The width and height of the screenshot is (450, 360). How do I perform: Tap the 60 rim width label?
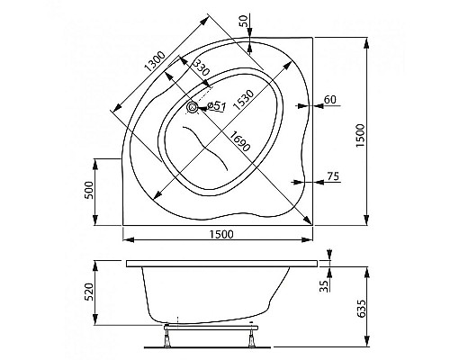click(x=330, y=99)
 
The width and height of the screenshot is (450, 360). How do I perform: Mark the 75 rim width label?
click(x=334, y=176)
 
